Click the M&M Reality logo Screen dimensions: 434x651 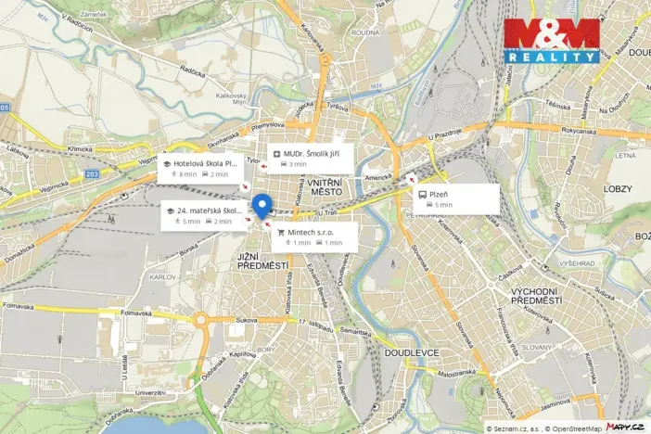point(552,40)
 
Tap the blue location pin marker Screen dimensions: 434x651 point(262,206)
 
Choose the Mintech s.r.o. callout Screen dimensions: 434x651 point(314,236)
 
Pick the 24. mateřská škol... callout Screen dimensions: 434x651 point(201,216)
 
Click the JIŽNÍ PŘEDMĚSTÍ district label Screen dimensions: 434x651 point(259,262)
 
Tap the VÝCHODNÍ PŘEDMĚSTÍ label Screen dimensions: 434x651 point(536,296)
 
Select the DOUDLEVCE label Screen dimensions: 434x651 point(405,353)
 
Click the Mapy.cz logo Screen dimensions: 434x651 point(626,426)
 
